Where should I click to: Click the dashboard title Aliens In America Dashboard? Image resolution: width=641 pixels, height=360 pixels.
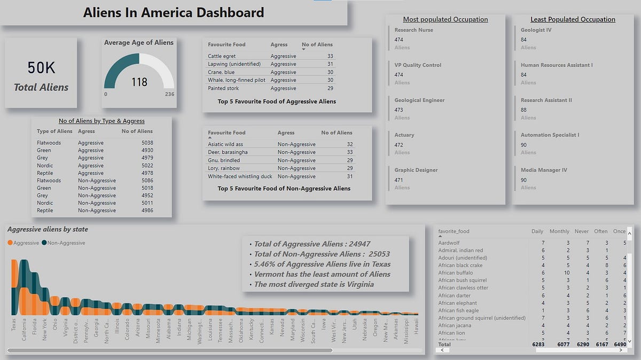[173, 12]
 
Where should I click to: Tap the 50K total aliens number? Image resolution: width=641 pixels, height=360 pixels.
[41, 68]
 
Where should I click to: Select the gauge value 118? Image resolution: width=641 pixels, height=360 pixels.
[139, 82]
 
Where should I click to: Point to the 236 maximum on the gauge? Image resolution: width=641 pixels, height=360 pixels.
[169, 94]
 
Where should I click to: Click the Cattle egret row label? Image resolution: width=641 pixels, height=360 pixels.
[222, 56]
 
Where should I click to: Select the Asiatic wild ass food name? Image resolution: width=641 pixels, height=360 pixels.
[225, 144]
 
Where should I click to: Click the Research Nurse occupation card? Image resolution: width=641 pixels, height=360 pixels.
[413, 30]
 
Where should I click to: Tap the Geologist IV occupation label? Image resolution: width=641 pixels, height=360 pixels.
[536, 30]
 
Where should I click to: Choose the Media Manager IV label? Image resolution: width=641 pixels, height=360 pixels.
[544, 170]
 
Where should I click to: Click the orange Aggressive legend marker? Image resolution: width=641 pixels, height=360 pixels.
[11, 243]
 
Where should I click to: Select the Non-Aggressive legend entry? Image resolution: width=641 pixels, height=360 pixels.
[66, 243]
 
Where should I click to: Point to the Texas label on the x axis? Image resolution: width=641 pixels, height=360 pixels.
[14, 325]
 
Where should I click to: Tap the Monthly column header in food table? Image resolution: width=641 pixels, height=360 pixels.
[559, 231]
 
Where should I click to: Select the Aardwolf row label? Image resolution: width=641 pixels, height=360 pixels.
[450, 243]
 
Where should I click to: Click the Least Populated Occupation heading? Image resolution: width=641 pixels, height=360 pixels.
[573, 19]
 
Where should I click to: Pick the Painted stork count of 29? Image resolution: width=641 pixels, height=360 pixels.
[330, 88]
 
